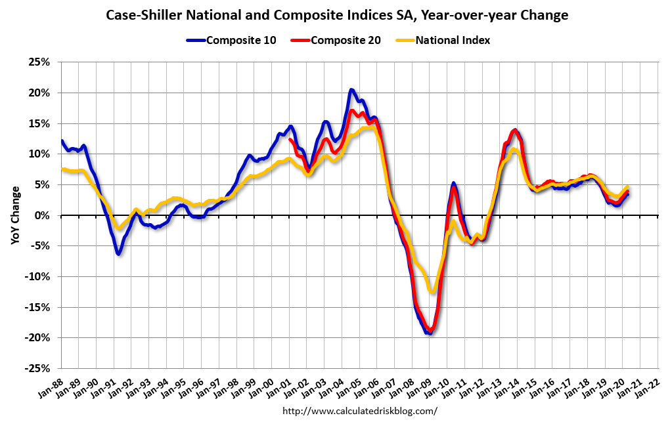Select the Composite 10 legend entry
[x=240, y=40]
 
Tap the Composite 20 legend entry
[x=346, y=40]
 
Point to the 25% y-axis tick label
[x=40, y=62]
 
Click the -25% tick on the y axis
[x=38, y=368]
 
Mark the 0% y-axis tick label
[x=43, y=215]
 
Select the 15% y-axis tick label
[x=40, y=123]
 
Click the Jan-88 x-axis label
[x=52, y=389]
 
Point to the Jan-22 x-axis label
[x=648, y=389]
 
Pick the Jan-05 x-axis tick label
[x=350, y=389]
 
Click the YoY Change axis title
[x=14, y=215]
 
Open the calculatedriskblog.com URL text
[x=359, y=411]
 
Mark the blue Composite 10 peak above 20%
[x=351, y=90]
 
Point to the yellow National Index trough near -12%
[x=432, y=291]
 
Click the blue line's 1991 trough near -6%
[x=118, y=253]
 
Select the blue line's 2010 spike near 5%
[x=453, y=184]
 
